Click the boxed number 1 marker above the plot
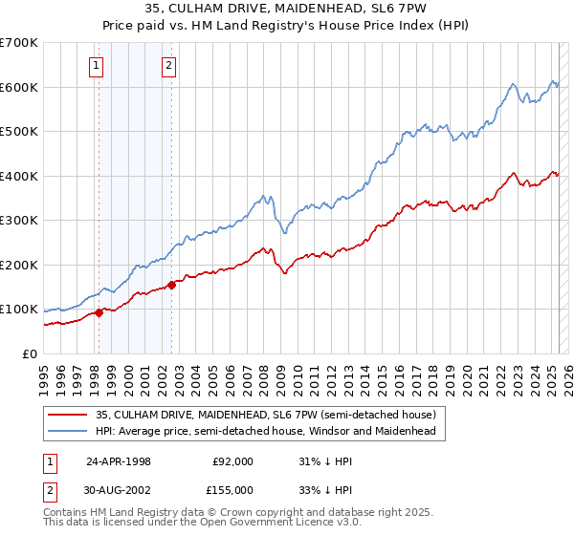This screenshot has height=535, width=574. click(x=98, y=66)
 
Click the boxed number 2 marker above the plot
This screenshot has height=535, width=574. click(x=168, y=66)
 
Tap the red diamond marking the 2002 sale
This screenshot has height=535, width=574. click(x=172, y=284)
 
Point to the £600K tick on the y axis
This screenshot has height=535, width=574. click(x=20, y=87)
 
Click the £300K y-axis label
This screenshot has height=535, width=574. click(x=20, y=220)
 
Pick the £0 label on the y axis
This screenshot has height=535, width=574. click(x=31, y=353)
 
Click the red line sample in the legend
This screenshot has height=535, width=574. click(x=67, y=415)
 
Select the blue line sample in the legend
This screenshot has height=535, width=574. click(x=67, y=432)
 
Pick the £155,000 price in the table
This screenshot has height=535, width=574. click(x=232, y=489)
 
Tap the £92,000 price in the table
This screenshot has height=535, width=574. click(x=233, y=460)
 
